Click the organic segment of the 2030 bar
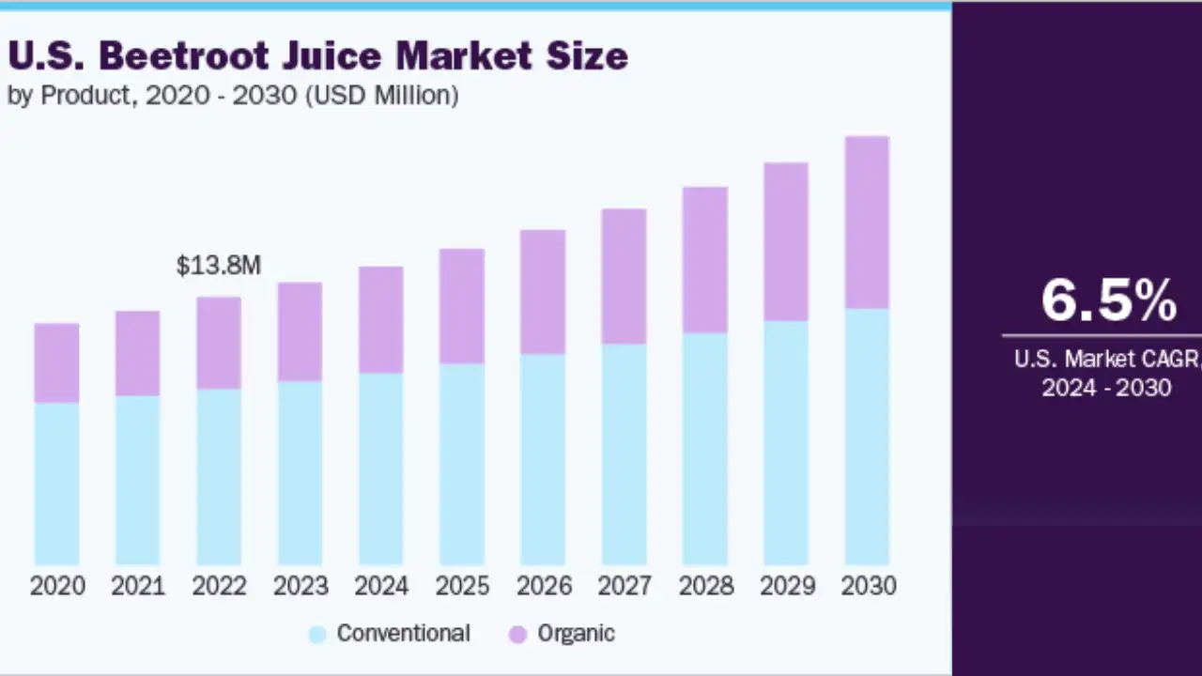[867, 223]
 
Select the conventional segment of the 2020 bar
[56, 484]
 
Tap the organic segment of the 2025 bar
[462, 306]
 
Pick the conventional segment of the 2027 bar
[624, 454]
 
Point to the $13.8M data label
[219, 266]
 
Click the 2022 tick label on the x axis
[219, 586]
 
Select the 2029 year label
[787, 586]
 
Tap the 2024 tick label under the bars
[381, 586]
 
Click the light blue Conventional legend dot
[317, 635]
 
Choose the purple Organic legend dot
[517, 635]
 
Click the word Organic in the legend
[576, 634]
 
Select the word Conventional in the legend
[403, 634]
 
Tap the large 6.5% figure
[1108, 300]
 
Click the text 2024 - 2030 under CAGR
[1106, 388]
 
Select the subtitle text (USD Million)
[381, 96]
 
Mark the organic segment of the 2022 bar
[219, 343]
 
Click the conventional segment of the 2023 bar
[300, 473]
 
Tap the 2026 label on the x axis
[544, 586]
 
